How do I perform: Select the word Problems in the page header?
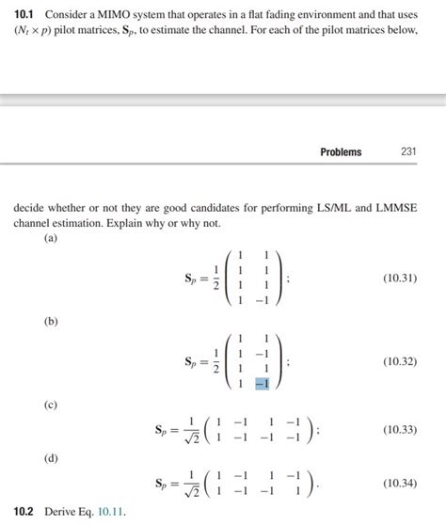(340, 151)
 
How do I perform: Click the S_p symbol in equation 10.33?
(163, 431)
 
